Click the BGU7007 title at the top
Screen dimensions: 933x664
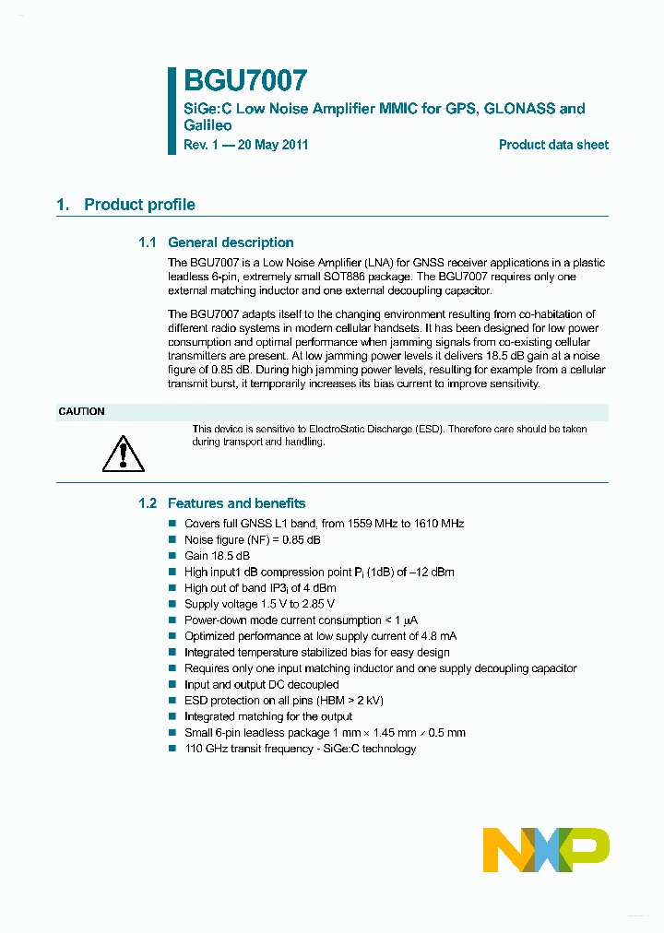coord(244,80)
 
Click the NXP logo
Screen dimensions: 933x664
coord(546,849)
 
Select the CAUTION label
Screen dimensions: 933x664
coord(82,411)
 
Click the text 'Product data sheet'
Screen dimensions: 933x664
coord(553,145)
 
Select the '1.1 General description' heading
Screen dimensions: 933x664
coord(216,242)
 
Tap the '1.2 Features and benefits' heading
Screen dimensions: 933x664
coord(221,503)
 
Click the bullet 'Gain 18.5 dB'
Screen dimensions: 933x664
coord(217,556)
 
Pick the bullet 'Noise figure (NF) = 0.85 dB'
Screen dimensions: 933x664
coord(252,539)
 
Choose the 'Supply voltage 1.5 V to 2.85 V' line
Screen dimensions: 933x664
coord(259,604)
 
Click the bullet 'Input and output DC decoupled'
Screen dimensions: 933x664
coord(261,684)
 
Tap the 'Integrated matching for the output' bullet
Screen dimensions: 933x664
coord(267,716)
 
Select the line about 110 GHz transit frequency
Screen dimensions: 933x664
coord(300,749)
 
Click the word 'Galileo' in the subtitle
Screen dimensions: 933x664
coord(207,125)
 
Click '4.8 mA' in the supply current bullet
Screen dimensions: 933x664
coord(438,636)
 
